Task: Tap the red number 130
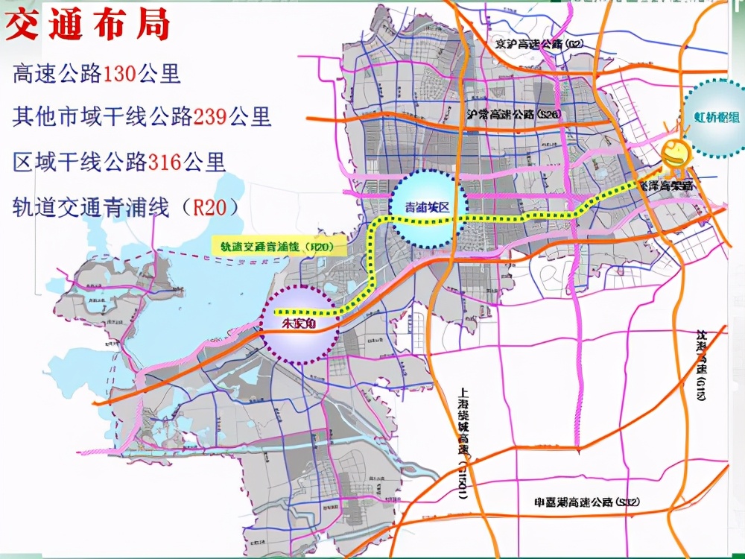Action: [118, 75]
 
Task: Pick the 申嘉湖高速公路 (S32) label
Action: [582, 502]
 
